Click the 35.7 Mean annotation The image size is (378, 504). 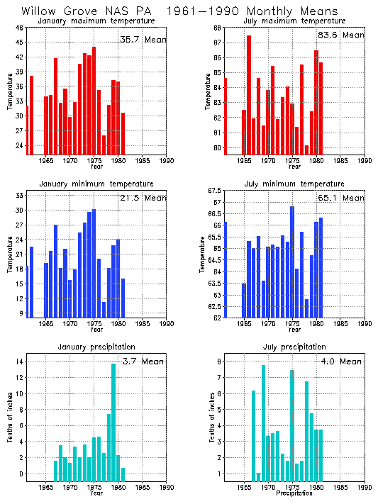coord(143,40)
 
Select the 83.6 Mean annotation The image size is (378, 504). coord(341,35)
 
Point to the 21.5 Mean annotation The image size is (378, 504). coord(143,203)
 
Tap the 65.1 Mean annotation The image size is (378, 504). coord(341,198)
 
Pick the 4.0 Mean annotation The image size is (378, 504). coord(341,362)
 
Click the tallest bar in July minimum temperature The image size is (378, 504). coord(292,262)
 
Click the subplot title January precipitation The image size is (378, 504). coord(96,347)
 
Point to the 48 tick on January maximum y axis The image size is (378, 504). coord(19,28)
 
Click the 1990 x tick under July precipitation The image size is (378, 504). coord(365,488)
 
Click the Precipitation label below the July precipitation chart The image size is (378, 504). coord(294,494)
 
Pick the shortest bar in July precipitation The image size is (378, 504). coord(258,476)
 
